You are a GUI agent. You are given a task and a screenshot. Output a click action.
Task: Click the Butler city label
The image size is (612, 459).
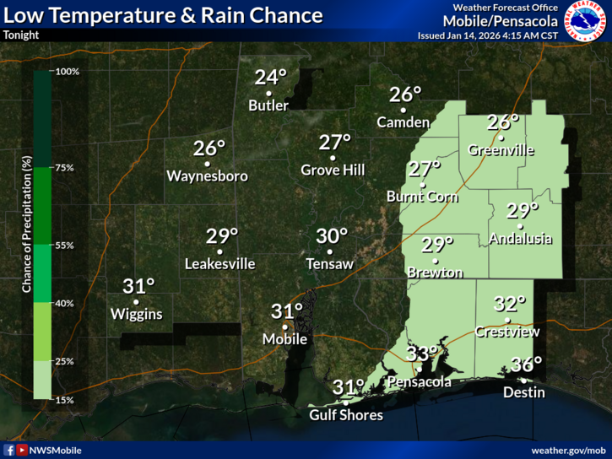coord(268,105)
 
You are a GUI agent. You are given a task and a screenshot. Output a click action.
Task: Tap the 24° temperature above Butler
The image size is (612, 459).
coord(270,78)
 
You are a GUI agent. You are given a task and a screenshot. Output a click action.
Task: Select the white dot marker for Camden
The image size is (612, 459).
coord(403,110)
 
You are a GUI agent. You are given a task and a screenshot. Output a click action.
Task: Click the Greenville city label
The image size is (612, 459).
coord(501,149)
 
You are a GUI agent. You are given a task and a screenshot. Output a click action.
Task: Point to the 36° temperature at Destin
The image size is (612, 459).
coord(528,365)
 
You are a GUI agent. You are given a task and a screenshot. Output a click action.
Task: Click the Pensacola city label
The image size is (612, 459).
coord(419,381)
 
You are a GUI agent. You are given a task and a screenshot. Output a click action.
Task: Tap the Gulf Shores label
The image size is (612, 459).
coord(346,415)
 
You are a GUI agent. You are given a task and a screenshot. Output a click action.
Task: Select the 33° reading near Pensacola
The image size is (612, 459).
coord(422,354)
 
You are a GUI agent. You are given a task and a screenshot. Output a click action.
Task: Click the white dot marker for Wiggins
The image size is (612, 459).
coord(136,301)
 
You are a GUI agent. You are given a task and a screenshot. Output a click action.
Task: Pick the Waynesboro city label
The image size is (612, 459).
coord(208,176)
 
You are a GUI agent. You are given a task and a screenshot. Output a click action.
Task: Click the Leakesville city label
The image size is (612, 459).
coord(219,264)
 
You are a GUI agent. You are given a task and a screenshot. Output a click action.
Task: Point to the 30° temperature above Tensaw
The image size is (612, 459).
coord(332,236)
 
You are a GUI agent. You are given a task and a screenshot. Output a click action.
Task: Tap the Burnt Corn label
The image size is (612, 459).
coord(422,197)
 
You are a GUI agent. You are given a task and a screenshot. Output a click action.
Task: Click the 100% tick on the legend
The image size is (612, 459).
coord(67,72)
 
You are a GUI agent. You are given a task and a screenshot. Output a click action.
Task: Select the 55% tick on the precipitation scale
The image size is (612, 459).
coord(64,246)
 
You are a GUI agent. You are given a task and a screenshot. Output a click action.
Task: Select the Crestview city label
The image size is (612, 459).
coord(506,332)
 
